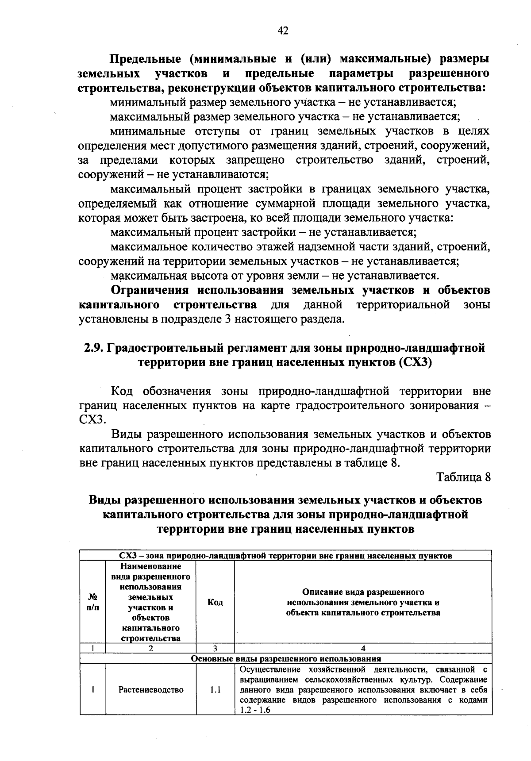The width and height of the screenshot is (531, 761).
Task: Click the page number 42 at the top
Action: point(283,30)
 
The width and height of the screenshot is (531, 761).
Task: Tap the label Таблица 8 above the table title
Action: point(464,477)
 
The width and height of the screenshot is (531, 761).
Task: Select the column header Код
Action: point(215,602)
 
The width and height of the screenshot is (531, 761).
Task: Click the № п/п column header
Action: point(92,602)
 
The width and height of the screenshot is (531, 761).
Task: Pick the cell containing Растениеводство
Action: point(151,690)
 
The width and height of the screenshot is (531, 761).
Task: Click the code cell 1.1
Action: point(215,690)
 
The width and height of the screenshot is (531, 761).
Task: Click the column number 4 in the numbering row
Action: point(363,649)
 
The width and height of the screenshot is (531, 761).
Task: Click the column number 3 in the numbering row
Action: point(215,649)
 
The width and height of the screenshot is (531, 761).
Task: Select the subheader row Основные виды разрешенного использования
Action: point(286,658)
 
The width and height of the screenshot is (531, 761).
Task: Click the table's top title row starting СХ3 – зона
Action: point(286,556)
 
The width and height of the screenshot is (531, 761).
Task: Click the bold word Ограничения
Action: point(150,291)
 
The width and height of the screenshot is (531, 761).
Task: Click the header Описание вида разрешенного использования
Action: point(363,602)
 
